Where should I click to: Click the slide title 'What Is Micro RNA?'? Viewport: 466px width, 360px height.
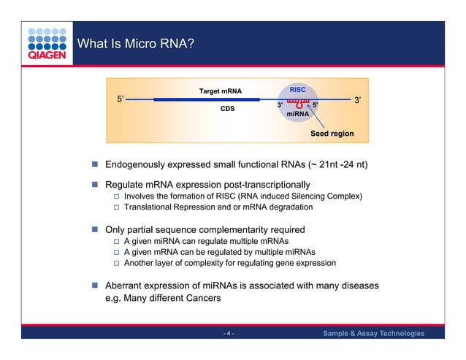coord(135,45)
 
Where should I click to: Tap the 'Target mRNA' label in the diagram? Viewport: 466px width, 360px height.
coord(220,92)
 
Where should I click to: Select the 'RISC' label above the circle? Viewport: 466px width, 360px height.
coord(297,89)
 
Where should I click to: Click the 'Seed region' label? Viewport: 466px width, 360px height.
coord(332,134)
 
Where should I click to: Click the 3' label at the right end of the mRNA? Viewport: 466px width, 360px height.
coord(358,99)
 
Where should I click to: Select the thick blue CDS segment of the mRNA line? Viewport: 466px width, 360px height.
coord(197,99)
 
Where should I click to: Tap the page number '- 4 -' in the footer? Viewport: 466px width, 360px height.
coord(228,334)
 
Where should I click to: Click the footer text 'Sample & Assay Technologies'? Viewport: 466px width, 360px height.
coord(373,334)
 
